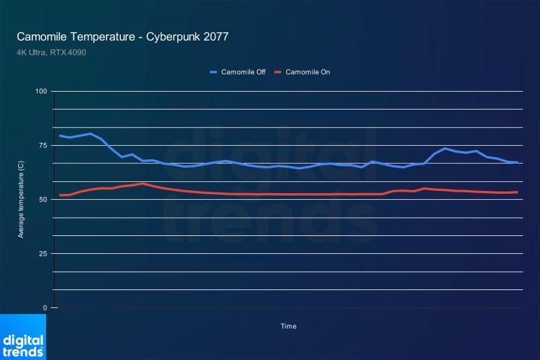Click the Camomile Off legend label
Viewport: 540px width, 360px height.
(243, 72)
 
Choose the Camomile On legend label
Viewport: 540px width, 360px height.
(308, 72)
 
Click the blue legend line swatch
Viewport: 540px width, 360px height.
(213, 72)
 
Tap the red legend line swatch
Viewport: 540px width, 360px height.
(278, 72)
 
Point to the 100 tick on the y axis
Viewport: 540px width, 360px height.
(41, 92)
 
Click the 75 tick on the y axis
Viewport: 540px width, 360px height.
(43, 146)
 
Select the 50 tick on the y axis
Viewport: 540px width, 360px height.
(43, 200)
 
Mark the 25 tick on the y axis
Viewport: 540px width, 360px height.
(43, 254)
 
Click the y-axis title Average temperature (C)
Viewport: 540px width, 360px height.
(21, 200)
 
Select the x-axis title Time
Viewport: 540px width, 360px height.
(288, 326)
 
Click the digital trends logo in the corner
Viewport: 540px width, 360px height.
(23, 337)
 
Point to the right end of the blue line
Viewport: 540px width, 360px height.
(517, 162)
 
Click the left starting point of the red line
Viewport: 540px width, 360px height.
(60, 195)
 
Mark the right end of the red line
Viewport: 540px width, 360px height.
(517, 192)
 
